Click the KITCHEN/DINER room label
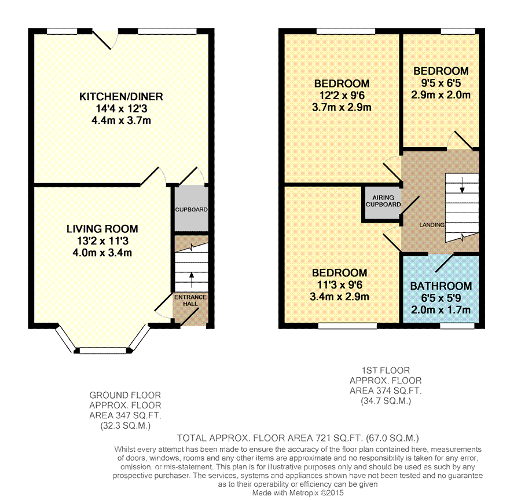(121, 97)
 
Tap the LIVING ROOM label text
(102, 229)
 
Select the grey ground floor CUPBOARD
(191, 209)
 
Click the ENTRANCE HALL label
(190, 300)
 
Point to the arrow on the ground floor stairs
(191, 273)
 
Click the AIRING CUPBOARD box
(383, 202)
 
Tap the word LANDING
(432, 225)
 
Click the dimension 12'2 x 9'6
(341, 96)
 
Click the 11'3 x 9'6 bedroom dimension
(340, 285)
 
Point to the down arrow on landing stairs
(462, 187)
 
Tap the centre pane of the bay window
(102, 350)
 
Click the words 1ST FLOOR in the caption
(386, 370)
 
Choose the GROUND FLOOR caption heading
(125, 395)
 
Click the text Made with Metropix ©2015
(298, 492)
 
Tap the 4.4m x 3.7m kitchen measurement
(121, 121)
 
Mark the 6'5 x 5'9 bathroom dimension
(441, 298)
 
